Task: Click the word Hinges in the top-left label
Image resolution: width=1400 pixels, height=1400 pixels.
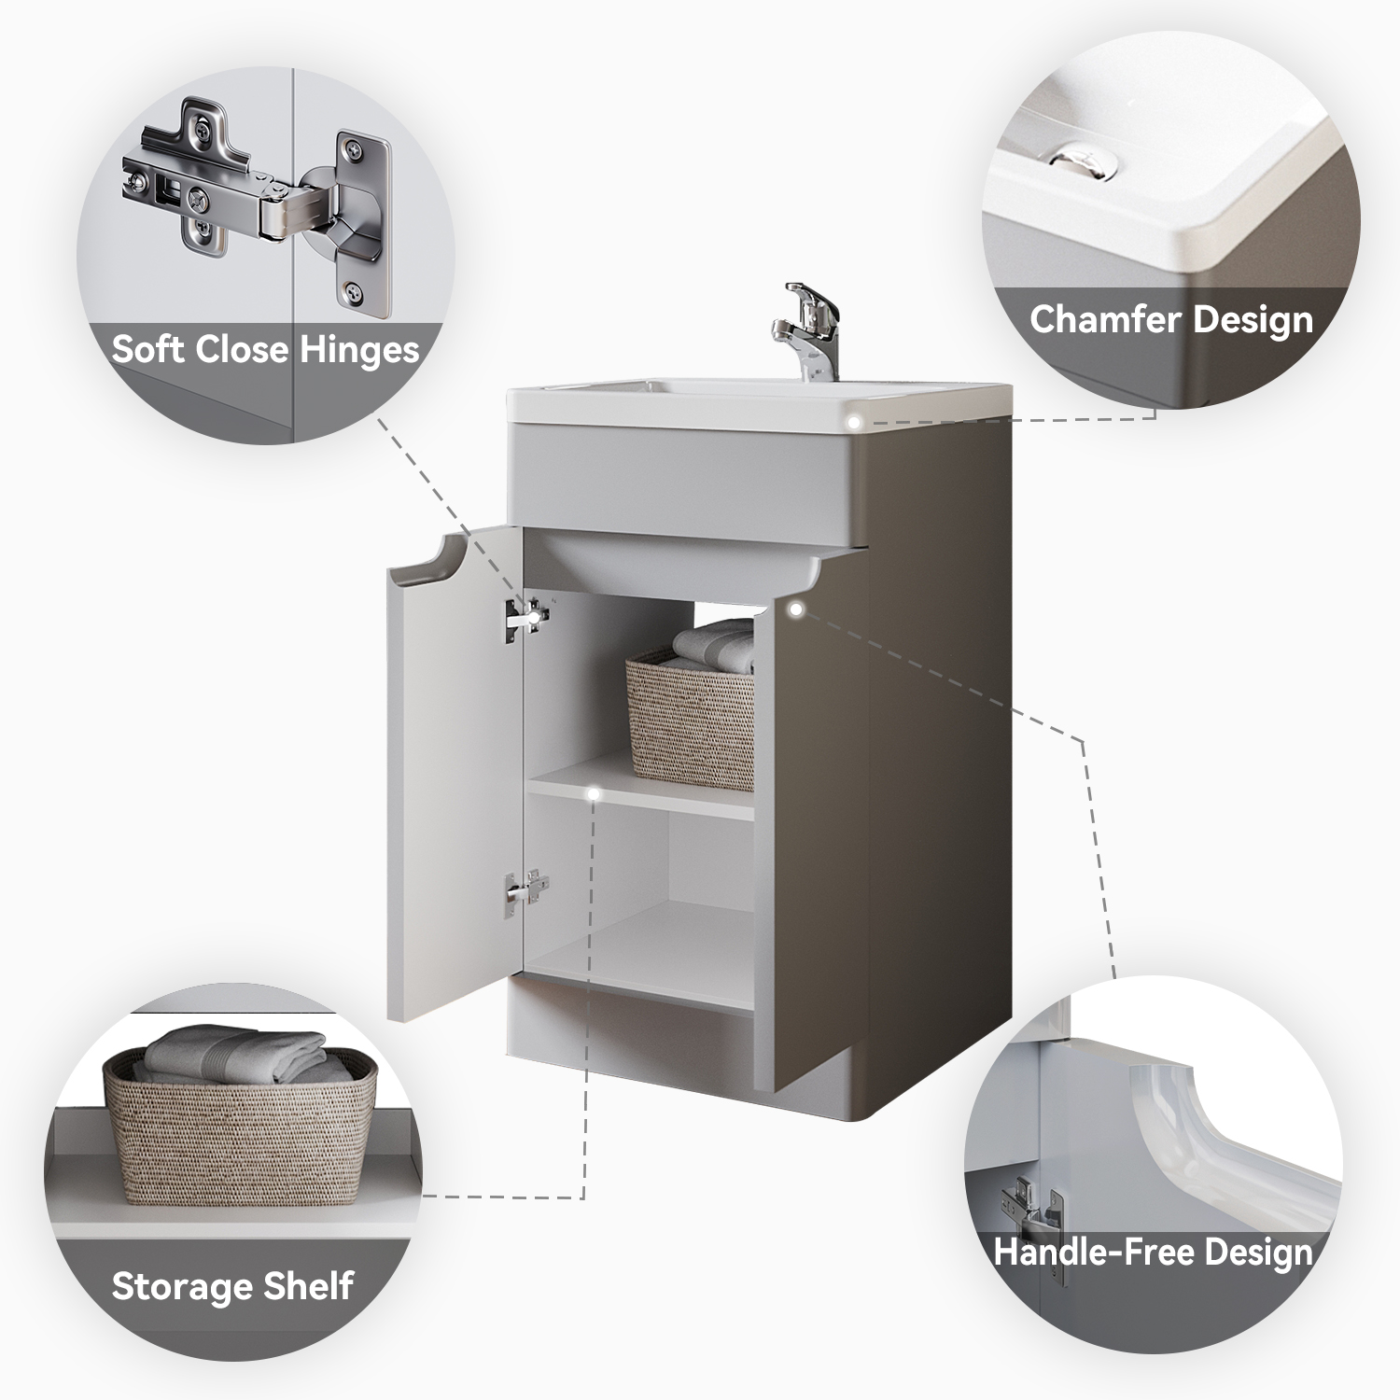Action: [359, 351]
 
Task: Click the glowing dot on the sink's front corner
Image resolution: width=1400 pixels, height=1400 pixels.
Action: [853, 423]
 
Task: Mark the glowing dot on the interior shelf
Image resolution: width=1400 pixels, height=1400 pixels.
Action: [593, 794]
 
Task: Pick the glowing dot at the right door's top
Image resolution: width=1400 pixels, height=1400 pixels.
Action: [795, 609]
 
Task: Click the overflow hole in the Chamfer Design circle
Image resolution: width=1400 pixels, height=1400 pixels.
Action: [1085, 160]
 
